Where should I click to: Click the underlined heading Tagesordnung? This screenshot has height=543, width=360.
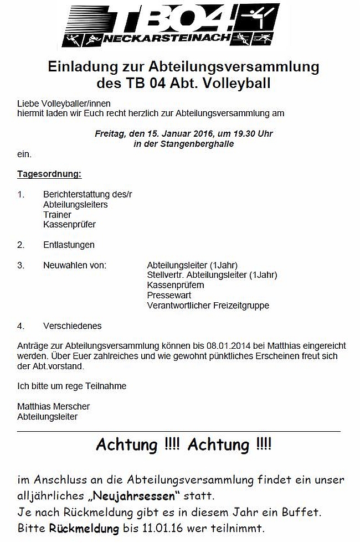click(49, 174)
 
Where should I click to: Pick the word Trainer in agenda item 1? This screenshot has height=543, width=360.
click(57, 215)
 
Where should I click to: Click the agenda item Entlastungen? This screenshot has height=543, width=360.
click(69, 245)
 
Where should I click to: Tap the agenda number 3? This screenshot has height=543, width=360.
click(20, 265)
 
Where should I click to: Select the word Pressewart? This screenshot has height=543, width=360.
click(169, 295)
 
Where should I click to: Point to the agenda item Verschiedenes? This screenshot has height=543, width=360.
click(73, 326)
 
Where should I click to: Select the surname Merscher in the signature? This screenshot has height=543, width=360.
click(69, 406)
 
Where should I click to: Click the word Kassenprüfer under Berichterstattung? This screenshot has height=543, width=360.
click(69, 225)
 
